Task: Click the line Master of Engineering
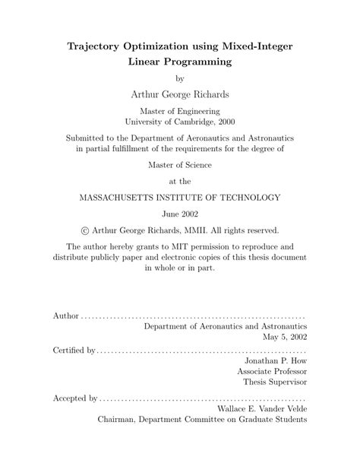pos(180,110)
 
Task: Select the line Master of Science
pos(180,164)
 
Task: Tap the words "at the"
pos(180,181)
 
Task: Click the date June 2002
pos(180,214)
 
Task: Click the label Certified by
pos(74,352)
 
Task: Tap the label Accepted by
pos(74,398)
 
